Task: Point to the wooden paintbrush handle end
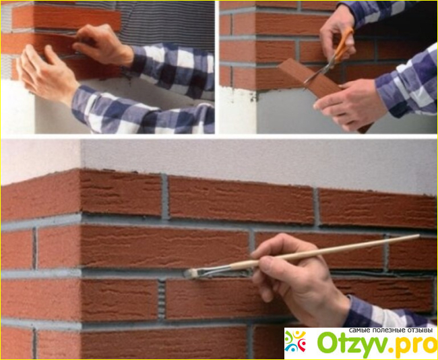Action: click(418, 237)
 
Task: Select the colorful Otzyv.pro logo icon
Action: click(295, 342)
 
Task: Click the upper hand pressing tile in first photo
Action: click(103, 44)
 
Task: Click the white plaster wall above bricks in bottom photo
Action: click(251, 162)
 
